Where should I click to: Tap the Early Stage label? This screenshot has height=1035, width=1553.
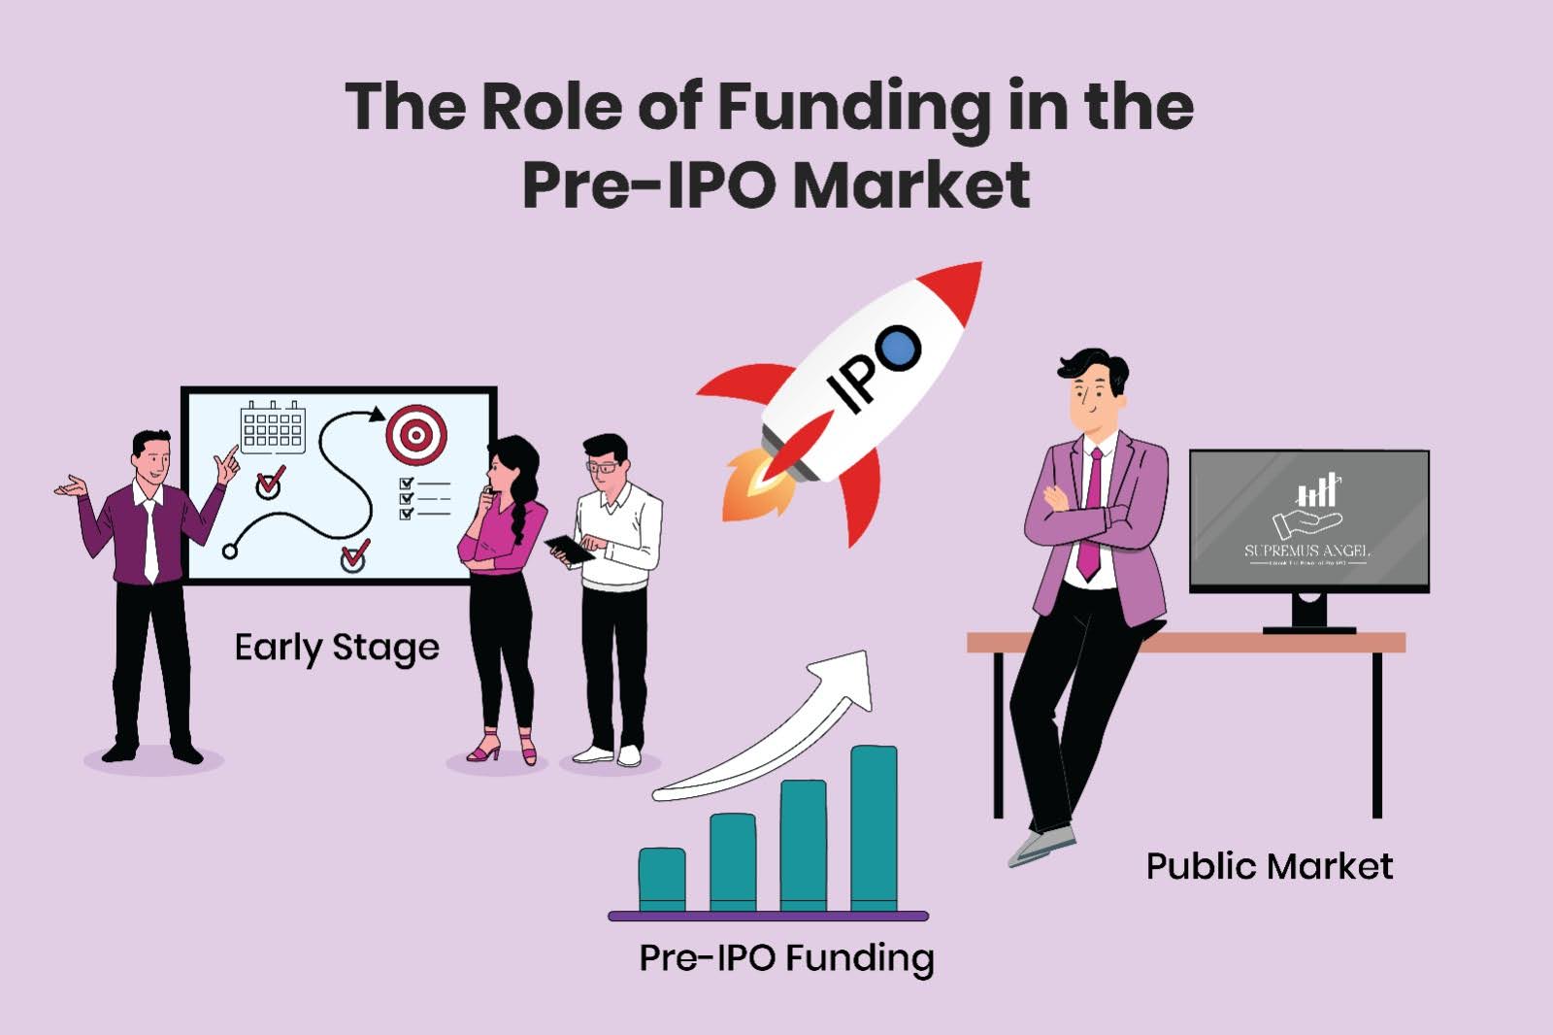pos(336,648)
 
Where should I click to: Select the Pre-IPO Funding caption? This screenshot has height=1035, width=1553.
pos(786,958)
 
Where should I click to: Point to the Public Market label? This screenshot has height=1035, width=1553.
pos(1269,866)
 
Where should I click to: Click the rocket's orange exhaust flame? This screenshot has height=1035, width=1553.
pos(752,485)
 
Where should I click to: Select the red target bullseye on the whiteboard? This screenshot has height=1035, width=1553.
pos(416,435)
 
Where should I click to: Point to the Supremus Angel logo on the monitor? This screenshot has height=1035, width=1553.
pos(1307,519)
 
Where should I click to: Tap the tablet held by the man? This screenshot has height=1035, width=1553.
pos(570,550)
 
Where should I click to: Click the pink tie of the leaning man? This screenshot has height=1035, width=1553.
pos(1092,515)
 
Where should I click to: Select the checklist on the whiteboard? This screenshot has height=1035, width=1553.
pos(424,497)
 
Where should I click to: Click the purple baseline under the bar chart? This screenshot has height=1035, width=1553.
pos(768,916)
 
